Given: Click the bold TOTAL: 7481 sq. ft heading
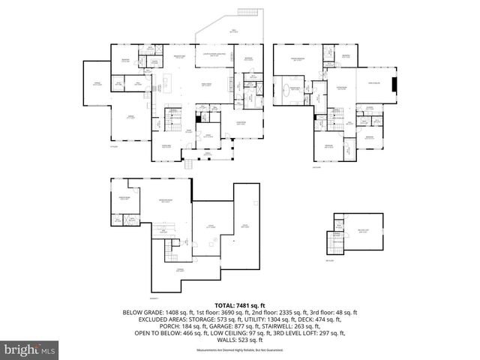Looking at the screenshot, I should [239, 305].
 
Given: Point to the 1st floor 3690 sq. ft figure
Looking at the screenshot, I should [209, 313].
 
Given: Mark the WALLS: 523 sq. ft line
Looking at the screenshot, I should [239, 340].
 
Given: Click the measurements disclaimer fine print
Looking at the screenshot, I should [239, 350].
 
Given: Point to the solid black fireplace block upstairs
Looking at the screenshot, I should [395, 83].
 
